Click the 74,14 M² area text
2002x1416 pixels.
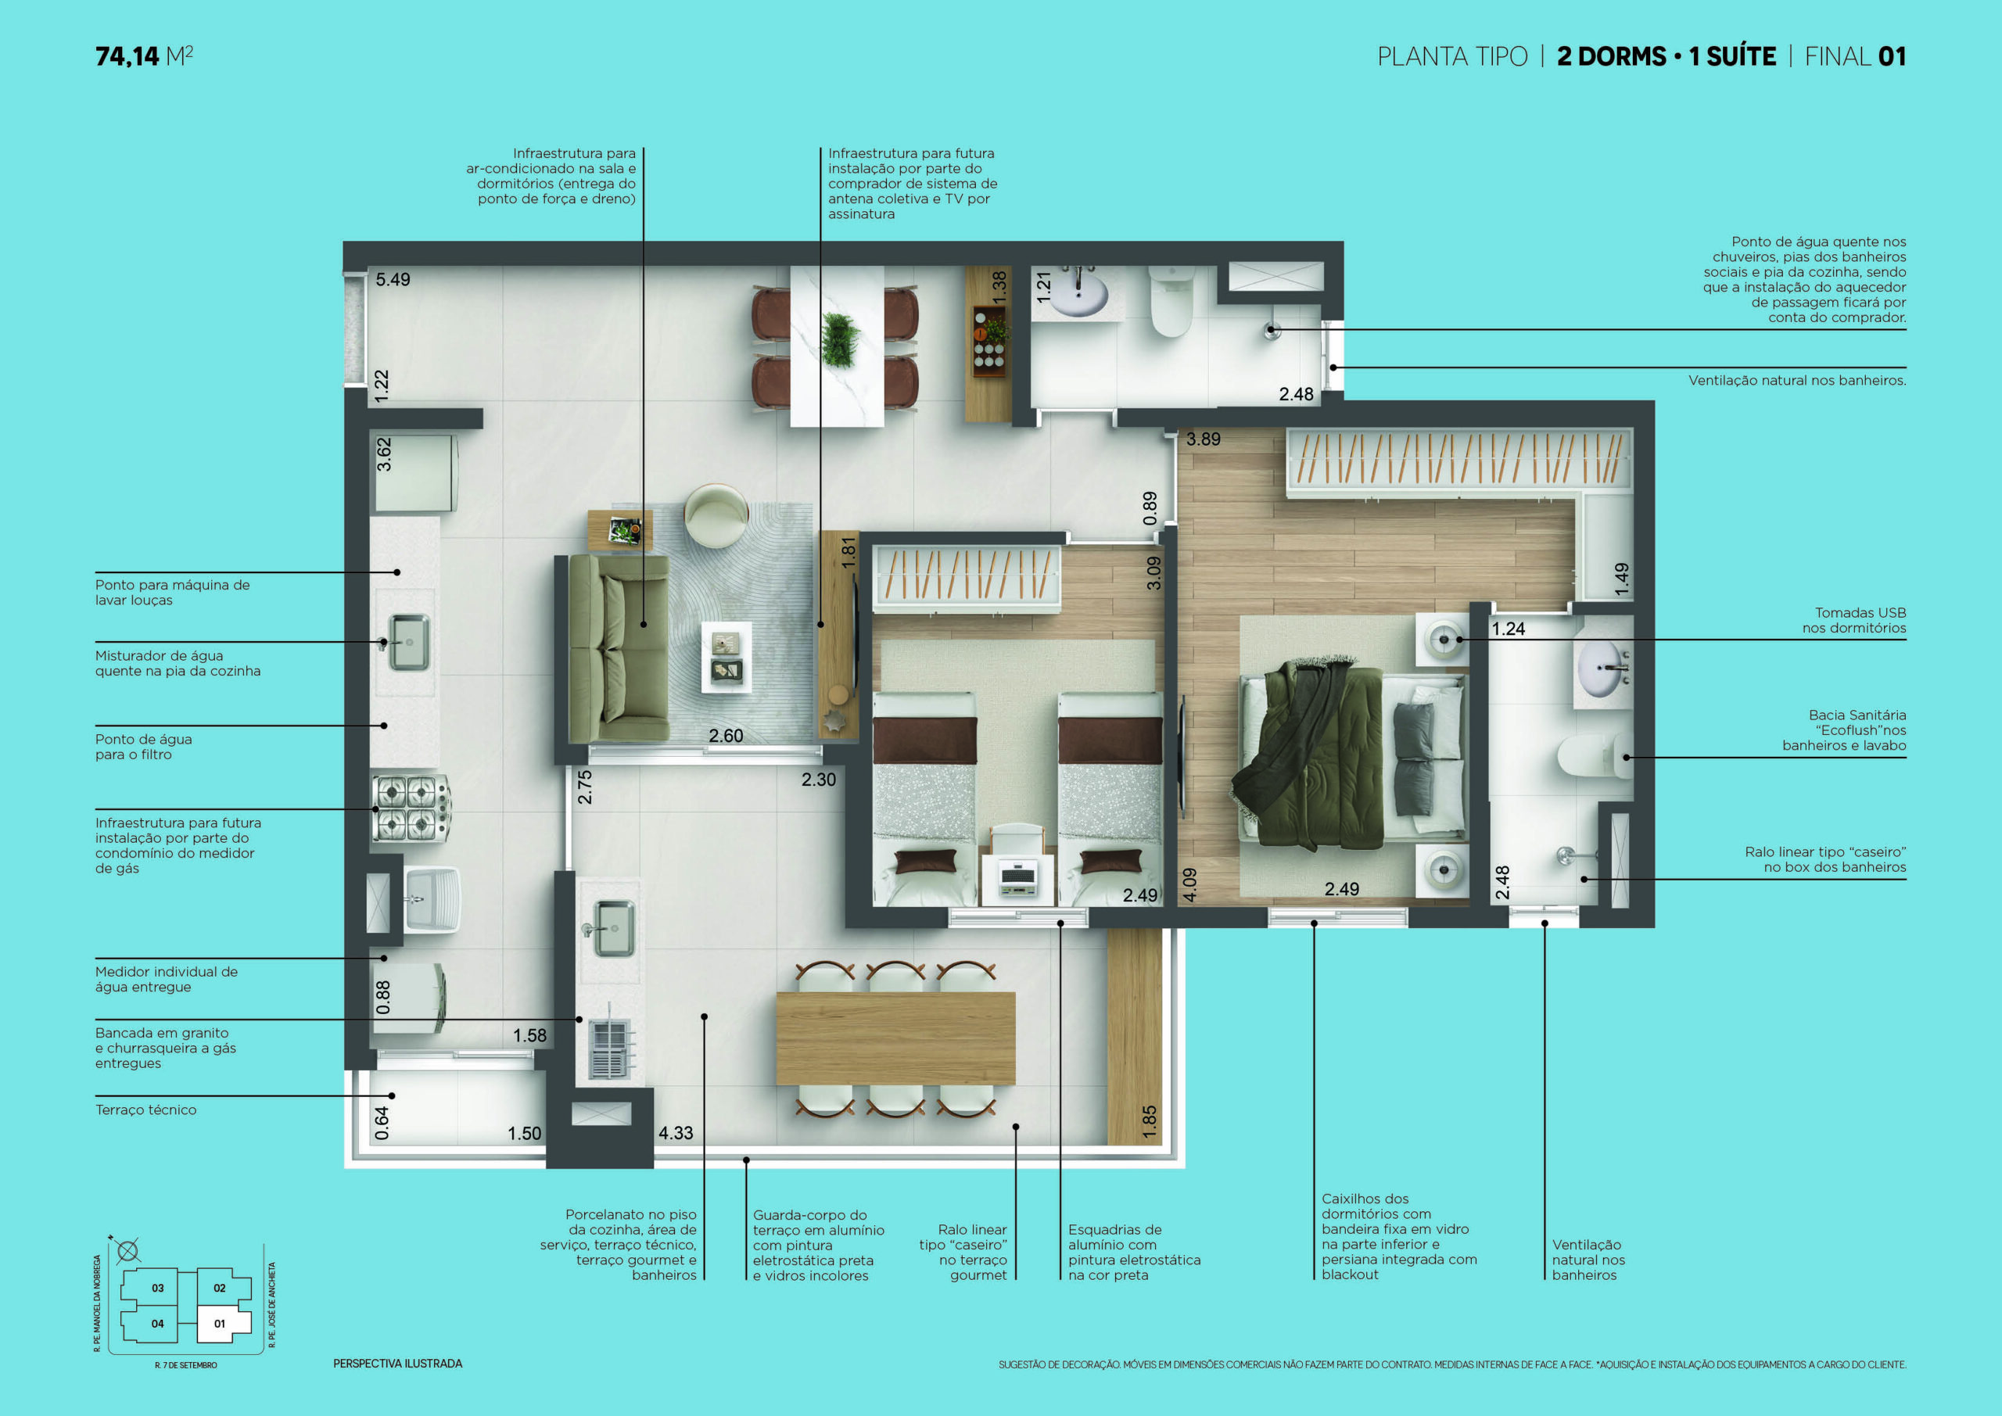coord(144,56)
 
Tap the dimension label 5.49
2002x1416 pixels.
coord(393,280)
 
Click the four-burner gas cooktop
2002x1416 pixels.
coord(411,808)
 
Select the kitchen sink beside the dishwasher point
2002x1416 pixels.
coord(409,643)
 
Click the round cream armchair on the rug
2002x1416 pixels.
coord(716,516)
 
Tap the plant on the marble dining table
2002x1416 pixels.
coord(840,340)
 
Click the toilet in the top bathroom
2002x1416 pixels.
coord(1170,302)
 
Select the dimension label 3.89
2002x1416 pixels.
coord(1204,439)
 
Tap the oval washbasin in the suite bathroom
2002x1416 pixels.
coord(1602,669)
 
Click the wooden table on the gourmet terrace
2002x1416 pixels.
coord(895,1038)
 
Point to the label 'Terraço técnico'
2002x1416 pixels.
coord(145,1110)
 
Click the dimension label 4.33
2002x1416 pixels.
coord(676,1133)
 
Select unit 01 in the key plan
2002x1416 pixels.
coord(220,1324)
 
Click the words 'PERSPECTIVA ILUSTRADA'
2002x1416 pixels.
coord(397,1364)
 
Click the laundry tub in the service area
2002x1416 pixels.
coord(432,899)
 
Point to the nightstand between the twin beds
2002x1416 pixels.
coord(1017,879)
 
